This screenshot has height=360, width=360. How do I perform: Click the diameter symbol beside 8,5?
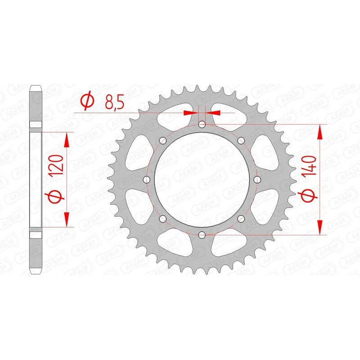(88, 101)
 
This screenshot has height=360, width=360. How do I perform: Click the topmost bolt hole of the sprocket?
(202, 124)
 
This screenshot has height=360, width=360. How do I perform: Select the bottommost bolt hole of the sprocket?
(202, 234)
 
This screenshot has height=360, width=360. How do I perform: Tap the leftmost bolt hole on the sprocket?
(147, 180)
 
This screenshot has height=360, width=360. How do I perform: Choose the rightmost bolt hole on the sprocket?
(257, 180)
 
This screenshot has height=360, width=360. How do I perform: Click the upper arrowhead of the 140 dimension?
(320, 132)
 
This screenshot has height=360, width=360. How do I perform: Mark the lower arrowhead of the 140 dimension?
(320, 227)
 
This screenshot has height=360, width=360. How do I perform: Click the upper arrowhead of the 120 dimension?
(67, 140)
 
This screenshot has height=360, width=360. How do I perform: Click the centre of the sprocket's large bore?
(202, 180)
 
